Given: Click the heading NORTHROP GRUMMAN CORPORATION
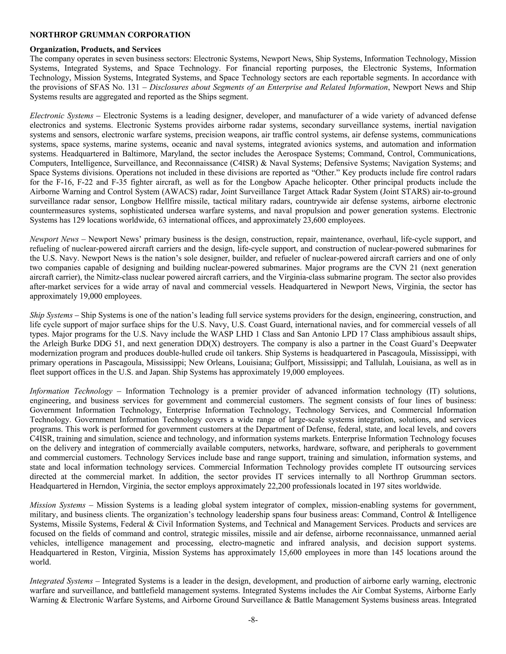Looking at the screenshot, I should [x=110, y=35].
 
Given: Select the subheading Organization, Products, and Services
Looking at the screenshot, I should [x=95, y=49].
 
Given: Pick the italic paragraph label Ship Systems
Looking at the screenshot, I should [x=51, y=315].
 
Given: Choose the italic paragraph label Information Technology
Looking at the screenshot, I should [x=71, y=391].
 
